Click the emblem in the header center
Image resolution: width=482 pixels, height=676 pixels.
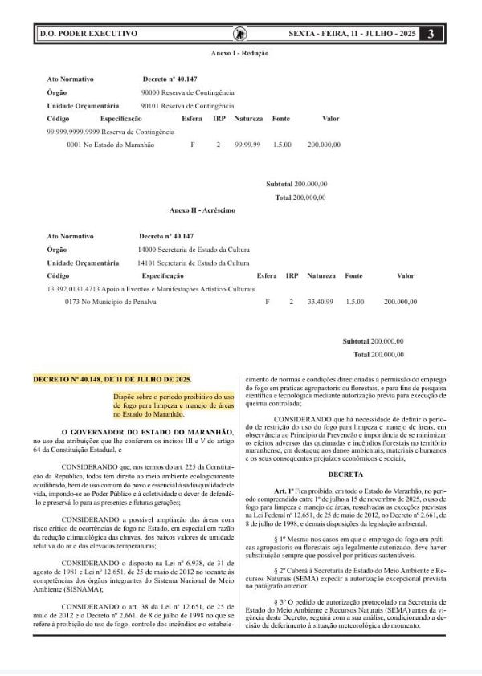[x=239, y=34]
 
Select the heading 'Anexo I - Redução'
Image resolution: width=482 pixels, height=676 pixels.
[x=239, y=53]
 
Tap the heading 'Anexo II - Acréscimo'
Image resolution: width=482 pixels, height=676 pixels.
[x=202, y=210]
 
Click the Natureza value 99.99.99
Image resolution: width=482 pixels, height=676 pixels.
[x=248, y=145]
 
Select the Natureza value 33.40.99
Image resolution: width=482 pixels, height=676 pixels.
[x=321, y=302]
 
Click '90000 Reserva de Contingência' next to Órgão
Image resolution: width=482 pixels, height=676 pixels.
[x=187, y=92]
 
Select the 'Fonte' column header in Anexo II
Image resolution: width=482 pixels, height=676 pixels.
[x=353, y=275]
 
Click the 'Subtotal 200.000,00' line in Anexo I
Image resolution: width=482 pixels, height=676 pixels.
[x=296, y=184]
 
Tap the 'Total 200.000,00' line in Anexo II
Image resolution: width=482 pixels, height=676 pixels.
[x=378, y=354]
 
